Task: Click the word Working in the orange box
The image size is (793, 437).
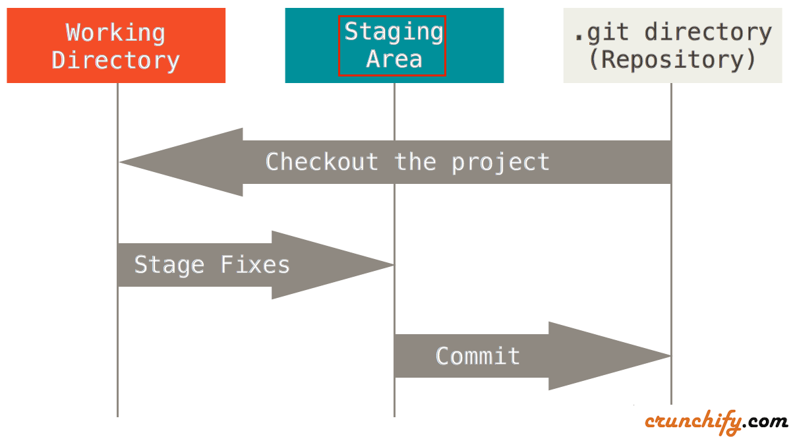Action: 115,32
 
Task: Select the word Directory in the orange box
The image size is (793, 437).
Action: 115,60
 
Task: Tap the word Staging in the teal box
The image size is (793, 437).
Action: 394,32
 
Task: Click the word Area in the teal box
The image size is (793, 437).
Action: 394,59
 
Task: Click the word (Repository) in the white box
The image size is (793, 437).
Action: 672,60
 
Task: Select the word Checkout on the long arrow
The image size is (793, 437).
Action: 322,162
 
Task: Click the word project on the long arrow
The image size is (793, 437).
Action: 500,162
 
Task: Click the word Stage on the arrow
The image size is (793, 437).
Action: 169,265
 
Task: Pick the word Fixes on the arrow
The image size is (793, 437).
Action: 255,265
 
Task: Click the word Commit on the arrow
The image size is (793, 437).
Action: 478,356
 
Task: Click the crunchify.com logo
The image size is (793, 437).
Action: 715,421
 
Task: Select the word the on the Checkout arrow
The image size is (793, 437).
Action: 415,162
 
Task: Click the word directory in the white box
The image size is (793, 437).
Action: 707,32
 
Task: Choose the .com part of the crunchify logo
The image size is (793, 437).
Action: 767,421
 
